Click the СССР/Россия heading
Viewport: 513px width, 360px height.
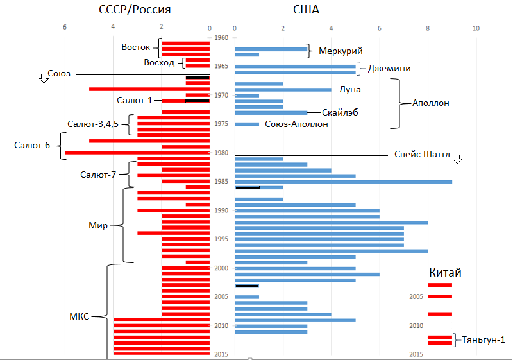click(x=135, y=10)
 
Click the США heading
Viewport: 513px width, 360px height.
click(x=307, y=10)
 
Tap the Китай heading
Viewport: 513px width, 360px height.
click(x=445, y=273)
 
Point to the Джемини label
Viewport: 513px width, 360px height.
click(x=389, y=68)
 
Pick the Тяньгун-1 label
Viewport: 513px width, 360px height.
click(x=483, y=339)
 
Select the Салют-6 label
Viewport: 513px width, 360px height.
click(x=32, y=145)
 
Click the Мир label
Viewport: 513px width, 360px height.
click(x=98, y=225)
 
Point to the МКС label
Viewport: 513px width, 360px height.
click(x=80, y=316)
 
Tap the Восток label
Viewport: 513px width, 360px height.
click(x=135, y=47)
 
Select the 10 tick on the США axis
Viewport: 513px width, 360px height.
click(x=476, y=28)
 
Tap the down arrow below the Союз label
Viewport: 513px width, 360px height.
click(x=44, y=78)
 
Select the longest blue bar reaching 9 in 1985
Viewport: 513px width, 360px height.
click(x=344, y=182)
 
